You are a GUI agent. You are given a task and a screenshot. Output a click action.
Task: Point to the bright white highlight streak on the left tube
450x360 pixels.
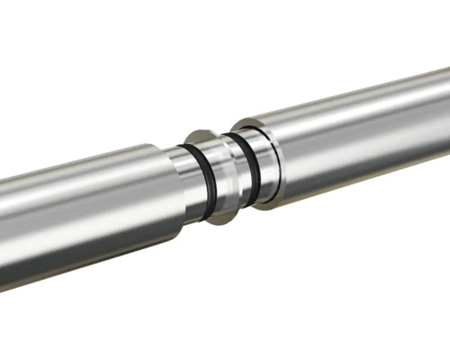(81, 193)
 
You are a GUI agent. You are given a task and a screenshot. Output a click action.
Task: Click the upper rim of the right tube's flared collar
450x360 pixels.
(245, 122)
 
